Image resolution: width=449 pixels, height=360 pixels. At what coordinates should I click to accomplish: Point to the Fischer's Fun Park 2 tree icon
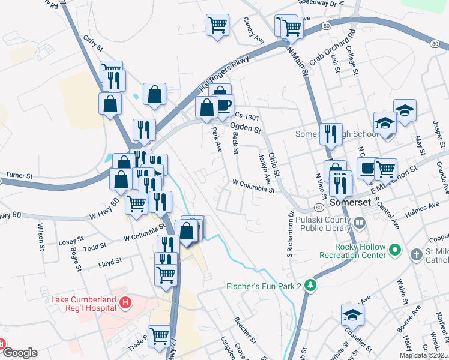pyautogui.click(x=310, y=286)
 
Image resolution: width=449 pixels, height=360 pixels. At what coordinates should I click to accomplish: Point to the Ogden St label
pyautogui.click(x=246, y=127)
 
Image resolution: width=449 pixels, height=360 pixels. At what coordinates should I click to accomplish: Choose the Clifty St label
pyautogui.click(x=93, y=43)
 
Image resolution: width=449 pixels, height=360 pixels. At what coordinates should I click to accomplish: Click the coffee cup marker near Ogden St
pyautogui.click(x=223, y=104)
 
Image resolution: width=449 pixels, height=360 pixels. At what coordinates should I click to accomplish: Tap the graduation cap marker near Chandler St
pyautogui.click(x=352, y=314)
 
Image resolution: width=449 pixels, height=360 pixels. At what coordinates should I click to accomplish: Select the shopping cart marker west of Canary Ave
pyautogui.click(x=217, y=25)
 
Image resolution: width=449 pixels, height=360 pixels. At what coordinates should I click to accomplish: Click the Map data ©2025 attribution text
pyautogui.click(x=423, y=355)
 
